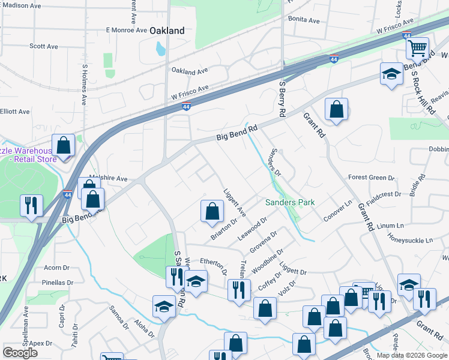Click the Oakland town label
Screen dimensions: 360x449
point(166,31)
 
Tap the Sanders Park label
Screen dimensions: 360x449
point(290,203)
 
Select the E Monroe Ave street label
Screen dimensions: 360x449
point(126,29)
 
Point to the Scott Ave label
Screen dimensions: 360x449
point(43,46)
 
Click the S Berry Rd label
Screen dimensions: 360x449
point(281,100)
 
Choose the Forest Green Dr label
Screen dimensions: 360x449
point(371,178)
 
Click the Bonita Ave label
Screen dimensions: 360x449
point(304,20)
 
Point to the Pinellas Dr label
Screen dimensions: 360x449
point(58,282)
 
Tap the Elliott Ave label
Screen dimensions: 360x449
point(14,112)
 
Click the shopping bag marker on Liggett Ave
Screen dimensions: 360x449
point(212,211)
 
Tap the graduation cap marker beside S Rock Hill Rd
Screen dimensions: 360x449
point(391,74)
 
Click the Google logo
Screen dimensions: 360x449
point(20,352)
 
